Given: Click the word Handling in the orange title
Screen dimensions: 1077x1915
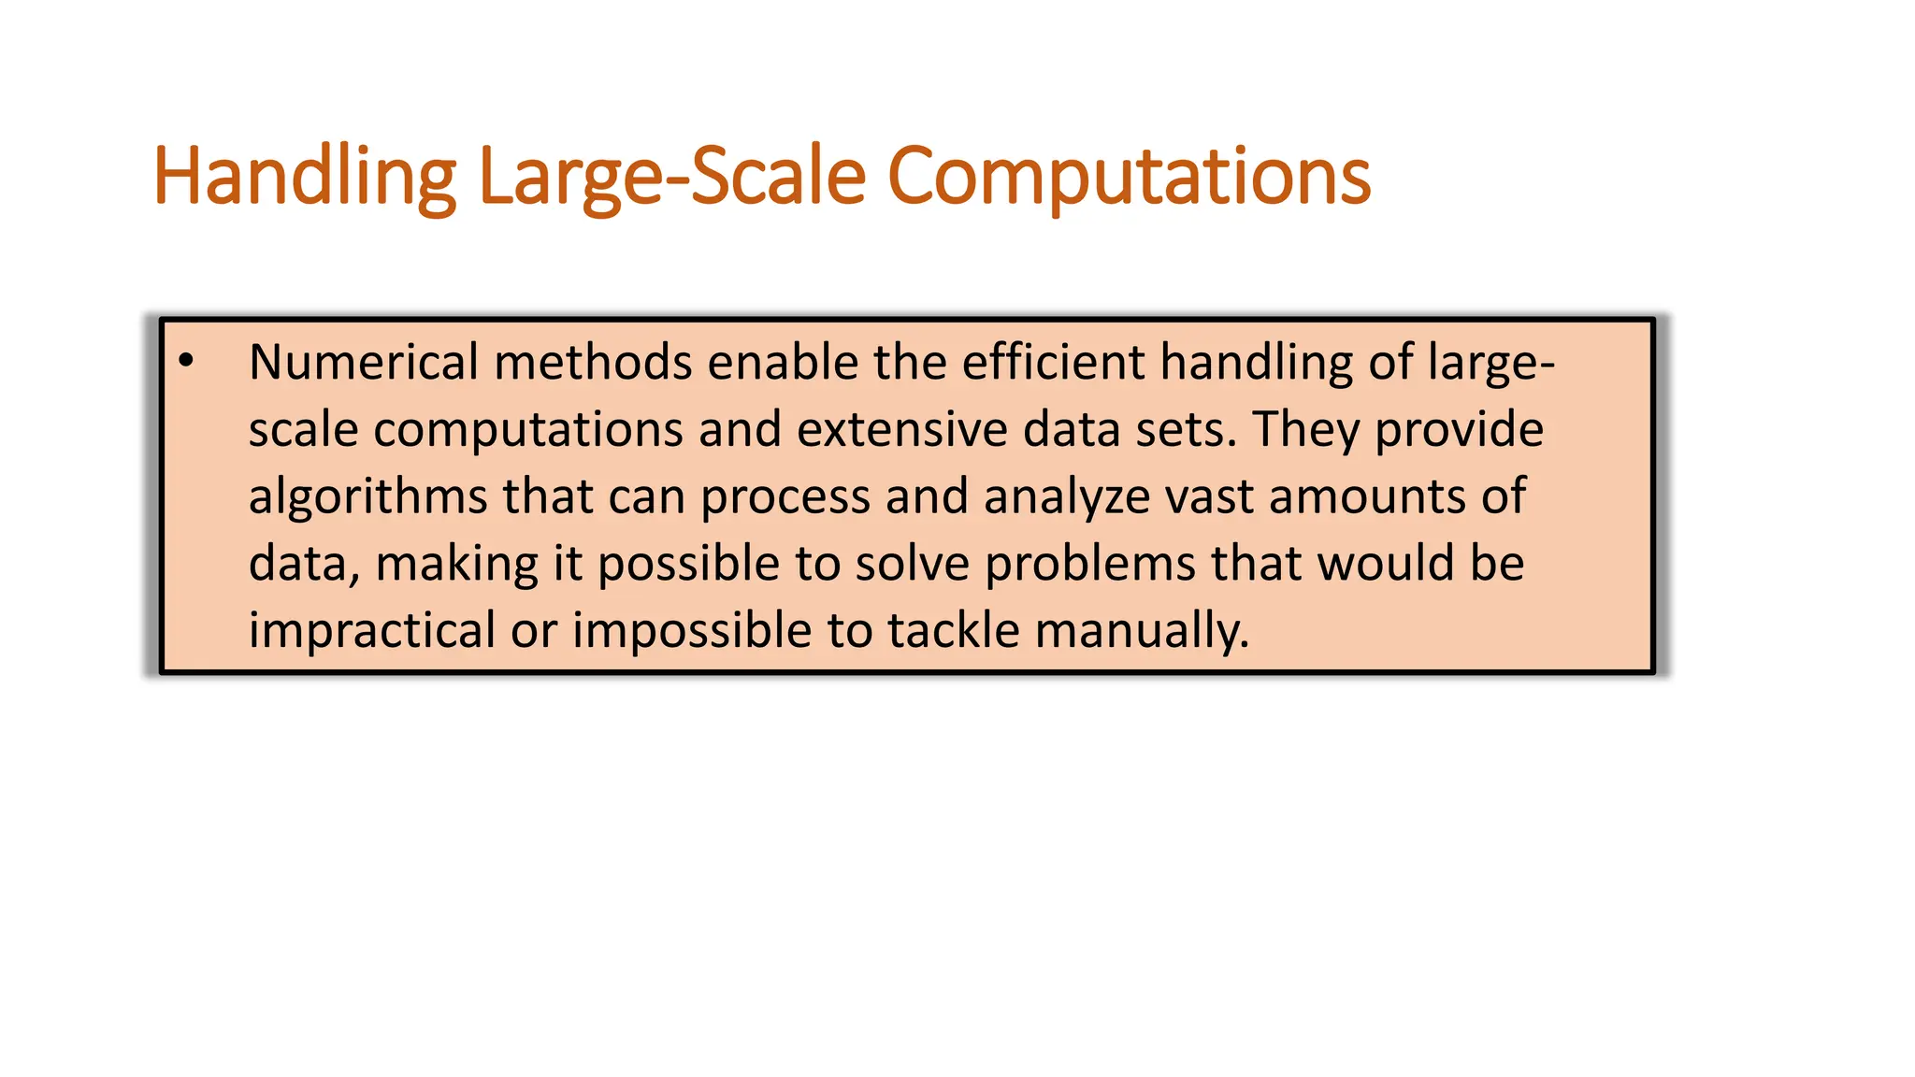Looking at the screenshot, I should [305, 178].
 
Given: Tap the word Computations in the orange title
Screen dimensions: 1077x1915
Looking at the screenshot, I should [1129, 178].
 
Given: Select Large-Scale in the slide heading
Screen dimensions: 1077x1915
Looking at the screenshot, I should [672, 178].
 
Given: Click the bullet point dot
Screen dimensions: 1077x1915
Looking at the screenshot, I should [186, 361].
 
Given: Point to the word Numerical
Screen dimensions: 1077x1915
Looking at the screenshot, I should [364, 362].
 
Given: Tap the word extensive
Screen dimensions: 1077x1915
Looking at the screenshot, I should [902, 429].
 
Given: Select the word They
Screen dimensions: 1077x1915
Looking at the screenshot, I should [1306, 429].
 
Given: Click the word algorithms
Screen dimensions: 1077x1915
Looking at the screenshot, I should [367, 496].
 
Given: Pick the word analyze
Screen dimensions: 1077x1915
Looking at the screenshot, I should [1067, 496].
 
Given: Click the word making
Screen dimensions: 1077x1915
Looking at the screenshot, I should [456, 564].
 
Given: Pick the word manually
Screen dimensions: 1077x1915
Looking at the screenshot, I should [1142, 630].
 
